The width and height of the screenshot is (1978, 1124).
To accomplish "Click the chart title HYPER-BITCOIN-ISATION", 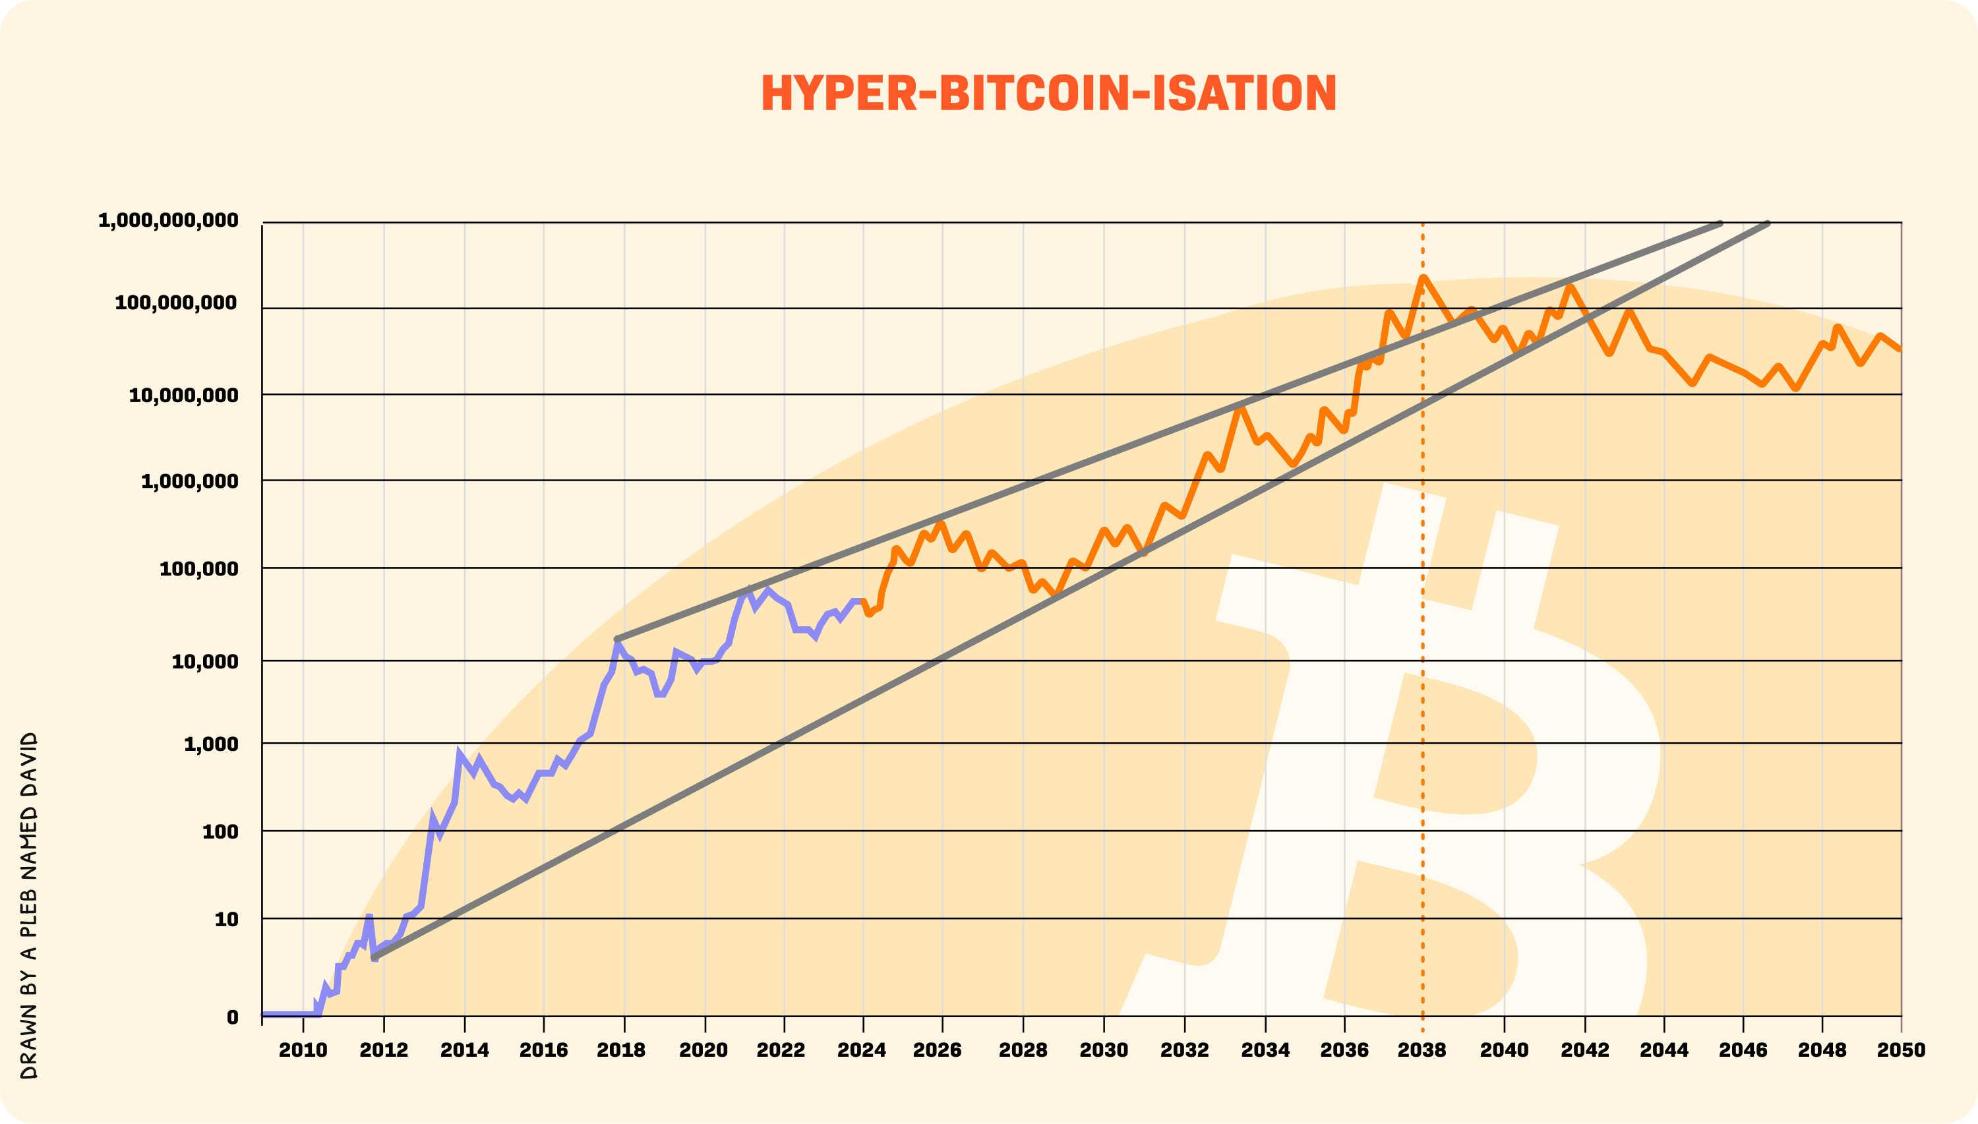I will pos(1048,94).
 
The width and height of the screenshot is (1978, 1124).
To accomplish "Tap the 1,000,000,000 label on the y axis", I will pos(168,221).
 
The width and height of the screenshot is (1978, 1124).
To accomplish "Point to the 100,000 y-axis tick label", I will pos(198,570).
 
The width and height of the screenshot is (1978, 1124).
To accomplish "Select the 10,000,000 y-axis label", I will pos(184,396).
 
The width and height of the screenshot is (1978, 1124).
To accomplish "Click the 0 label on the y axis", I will pos(232,1017).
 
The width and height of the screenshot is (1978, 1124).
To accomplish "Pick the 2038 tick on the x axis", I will pos(1422,1050).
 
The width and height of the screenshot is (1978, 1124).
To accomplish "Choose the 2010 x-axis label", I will pos(303,1050).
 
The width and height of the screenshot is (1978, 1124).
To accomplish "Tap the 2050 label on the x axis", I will pos(1901,1050).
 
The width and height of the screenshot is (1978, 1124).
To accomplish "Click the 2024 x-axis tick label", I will pos(862,1050).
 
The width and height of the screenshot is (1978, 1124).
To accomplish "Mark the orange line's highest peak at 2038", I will pos(1423,278).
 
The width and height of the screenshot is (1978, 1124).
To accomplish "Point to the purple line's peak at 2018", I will pos(618,642).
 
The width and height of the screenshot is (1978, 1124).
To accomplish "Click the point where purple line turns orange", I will pos(862,601).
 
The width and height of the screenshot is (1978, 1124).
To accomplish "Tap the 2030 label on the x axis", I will pos(1103,1050).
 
